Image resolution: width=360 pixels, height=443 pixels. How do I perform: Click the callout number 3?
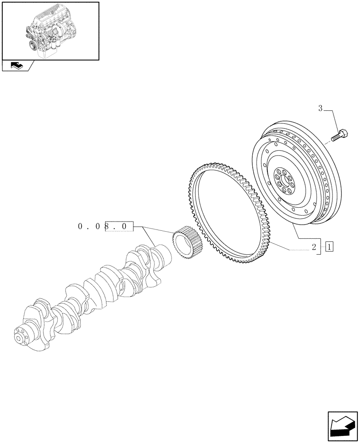(319, 108)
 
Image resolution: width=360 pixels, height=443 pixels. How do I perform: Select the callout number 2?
(313, 247)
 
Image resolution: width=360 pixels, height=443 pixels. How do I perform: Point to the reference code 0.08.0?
(105, 226)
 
